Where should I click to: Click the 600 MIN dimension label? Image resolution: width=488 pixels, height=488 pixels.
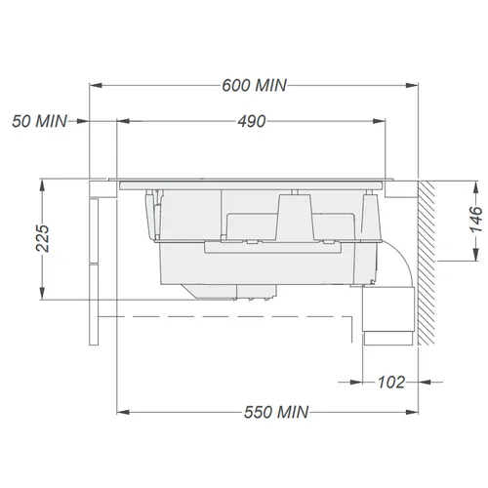[x=254, y=85]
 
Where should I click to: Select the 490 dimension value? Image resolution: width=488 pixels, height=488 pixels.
[x=252, y=121]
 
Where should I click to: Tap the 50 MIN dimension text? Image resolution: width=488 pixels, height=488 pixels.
[x=39, y=121]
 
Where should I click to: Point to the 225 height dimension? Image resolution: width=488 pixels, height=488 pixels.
[x=42, y=238]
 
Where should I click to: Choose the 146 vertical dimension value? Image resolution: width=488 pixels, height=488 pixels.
[x=476, y=220]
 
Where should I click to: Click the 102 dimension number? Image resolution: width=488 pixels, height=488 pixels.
[x=391, y=383]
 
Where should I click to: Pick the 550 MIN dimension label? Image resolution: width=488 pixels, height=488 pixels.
[x=276, y=412]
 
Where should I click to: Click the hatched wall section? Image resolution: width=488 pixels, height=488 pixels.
[x=427, y=263]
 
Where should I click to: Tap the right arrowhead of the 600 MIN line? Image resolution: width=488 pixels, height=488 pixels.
[x=412, y=86]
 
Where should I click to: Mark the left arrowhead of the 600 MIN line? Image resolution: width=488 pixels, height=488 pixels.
[x=96, y=86]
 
